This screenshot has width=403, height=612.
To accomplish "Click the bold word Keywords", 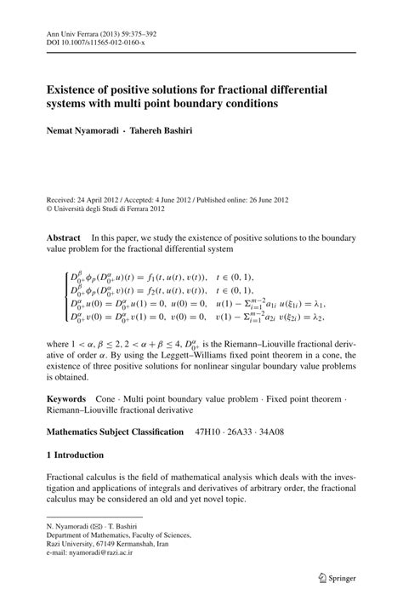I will click(x=66, y=398).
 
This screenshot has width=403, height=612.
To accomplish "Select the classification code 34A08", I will click(x=293, y=432).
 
